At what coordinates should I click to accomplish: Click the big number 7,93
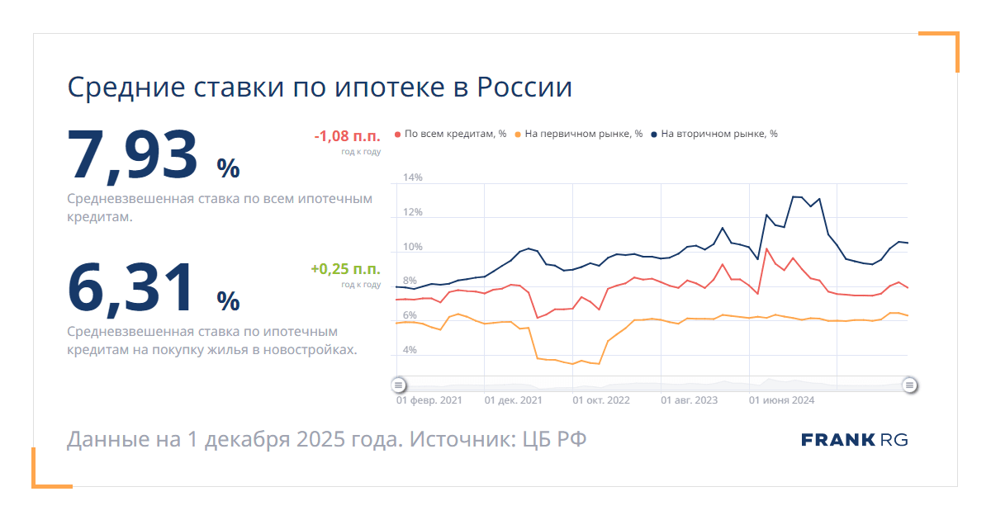pos(133,154)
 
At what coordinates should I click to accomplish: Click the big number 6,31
pos(133,286)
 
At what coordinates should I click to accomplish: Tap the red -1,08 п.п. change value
pos(347,137)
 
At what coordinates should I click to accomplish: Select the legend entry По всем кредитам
pos(451,134)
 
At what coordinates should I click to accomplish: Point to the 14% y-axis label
pos(413,177)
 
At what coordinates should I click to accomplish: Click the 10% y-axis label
pos(413,247)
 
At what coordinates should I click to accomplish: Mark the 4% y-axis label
pos(410,350)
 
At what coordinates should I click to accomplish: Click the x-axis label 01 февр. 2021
pos(429,400)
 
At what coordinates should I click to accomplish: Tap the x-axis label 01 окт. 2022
pos(601,400)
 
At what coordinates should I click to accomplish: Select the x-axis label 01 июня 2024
pos(781,400)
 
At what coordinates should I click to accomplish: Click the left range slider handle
pos(398,385)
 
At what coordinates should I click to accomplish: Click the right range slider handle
pos(909,385)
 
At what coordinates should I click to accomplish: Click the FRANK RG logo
pos(854,440)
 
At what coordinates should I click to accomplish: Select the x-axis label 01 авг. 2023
pos(690,400)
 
